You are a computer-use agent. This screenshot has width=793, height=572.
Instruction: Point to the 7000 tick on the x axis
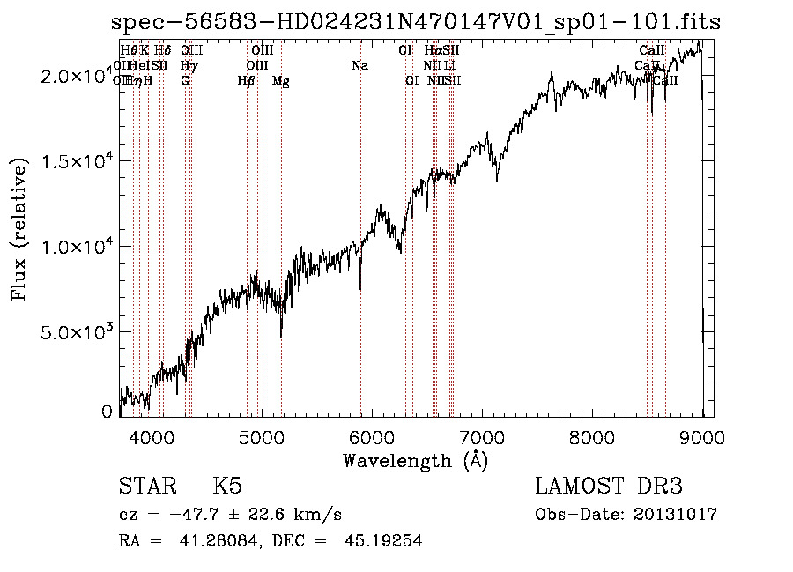click(x=481, y=435)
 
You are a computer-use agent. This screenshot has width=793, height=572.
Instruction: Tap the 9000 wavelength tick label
click(x=702, y=435)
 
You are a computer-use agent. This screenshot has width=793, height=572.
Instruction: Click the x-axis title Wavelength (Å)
click(x=415, y=460)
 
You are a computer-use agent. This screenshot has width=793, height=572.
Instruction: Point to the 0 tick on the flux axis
click(x=107, y=412)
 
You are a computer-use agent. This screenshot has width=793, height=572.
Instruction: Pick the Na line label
click(x=359, y=65)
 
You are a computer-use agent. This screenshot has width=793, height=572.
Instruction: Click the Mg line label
click(x=280, y=81)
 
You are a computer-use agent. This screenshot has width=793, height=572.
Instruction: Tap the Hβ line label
click(x=247, y=81)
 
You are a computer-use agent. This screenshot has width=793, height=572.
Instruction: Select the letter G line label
click(x=185, y=80)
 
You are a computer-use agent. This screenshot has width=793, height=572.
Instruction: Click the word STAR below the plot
click(x=146, y=487)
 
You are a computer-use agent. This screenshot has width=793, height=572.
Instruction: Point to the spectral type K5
click(x=227, y=487)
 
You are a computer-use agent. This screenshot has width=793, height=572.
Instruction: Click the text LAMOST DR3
click(x=608, y=487)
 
